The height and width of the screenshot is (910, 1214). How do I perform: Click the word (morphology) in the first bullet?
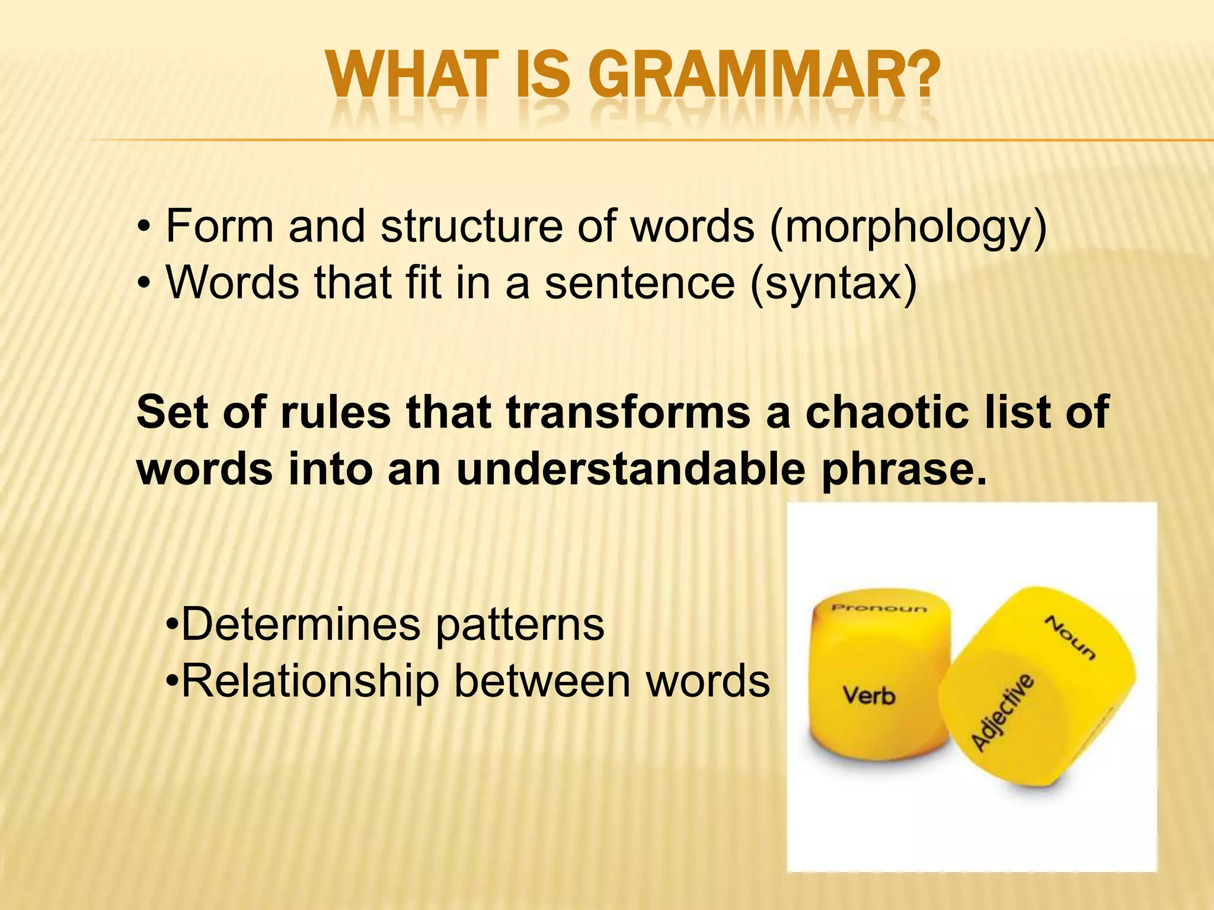click(x=908, y=227)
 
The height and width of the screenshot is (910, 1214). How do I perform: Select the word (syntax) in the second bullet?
click(x=833, y=283)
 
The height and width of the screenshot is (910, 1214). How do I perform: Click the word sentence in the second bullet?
click(x=640, y=283)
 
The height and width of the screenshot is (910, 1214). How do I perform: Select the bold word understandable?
click(x=631, y=469)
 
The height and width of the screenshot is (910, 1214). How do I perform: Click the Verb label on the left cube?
click(x=868, y=695)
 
